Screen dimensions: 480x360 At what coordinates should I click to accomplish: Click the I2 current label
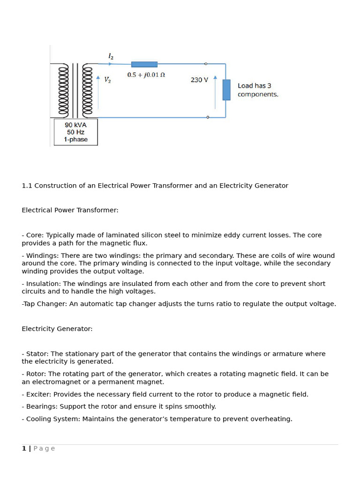coord(111,56)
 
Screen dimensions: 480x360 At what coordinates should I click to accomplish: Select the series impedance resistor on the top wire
coord(144,64)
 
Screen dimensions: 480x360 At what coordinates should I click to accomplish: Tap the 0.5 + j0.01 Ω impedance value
coord(146,75)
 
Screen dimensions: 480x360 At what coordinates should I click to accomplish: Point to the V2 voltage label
coord(107,80)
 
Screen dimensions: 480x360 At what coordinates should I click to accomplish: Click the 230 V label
coord(199,80)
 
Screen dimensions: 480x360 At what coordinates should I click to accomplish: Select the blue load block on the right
coord(226,90)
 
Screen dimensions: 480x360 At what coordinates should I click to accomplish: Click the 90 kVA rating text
coord(75,125)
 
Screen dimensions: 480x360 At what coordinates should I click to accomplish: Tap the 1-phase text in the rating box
coord(75,139)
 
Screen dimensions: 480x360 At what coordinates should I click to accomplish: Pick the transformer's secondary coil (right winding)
coord(88,90)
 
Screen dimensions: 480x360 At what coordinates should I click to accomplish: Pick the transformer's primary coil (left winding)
coord(63,90)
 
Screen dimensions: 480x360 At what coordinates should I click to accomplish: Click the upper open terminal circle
coord(206,64)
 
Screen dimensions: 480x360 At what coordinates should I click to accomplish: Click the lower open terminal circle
coord(208,117)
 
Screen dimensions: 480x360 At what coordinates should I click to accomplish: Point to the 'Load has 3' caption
coord(254,86)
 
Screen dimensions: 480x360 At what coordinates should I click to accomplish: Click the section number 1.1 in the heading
coord(27,186)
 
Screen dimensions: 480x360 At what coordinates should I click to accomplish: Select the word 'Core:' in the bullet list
coord(35,235)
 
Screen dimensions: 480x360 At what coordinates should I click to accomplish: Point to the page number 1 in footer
coord(24,449)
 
